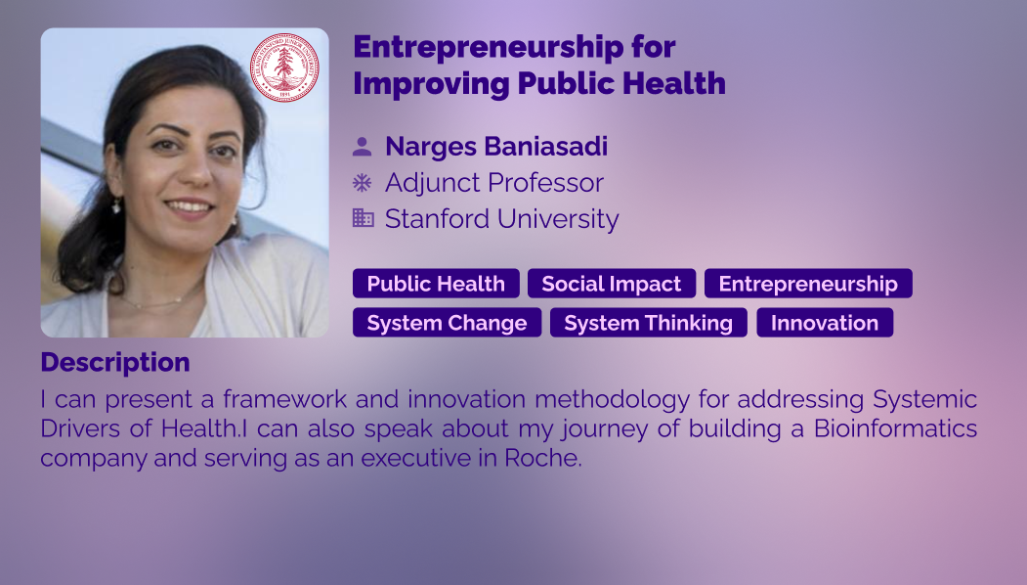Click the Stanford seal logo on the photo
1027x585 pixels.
[284, 67]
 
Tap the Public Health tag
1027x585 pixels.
[436, 284]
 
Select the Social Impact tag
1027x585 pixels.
[612, 284]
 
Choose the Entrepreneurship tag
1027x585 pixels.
[808, 284]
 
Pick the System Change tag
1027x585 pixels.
[448, 323]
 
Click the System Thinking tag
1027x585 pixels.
[649, 323]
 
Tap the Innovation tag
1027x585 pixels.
[825, 323]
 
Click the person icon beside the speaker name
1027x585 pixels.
[363, 147]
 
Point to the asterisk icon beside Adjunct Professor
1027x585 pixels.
[363, 182]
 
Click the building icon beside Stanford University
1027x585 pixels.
[363, 218]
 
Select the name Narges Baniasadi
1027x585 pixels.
[496, 147]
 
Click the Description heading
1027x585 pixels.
[115, 362]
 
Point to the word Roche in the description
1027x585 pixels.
[543, 458]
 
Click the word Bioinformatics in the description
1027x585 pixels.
[895, 428]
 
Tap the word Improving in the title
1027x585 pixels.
[431, 84]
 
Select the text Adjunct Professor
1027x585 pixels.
[494, 183]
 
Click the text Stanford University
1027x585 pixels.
[501, 219]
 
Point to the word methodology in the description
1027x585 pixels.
[613, 399]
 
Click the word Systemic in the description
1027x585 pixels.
[924, 399]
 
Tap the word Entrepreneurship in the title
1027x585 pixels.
[489, 47]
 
